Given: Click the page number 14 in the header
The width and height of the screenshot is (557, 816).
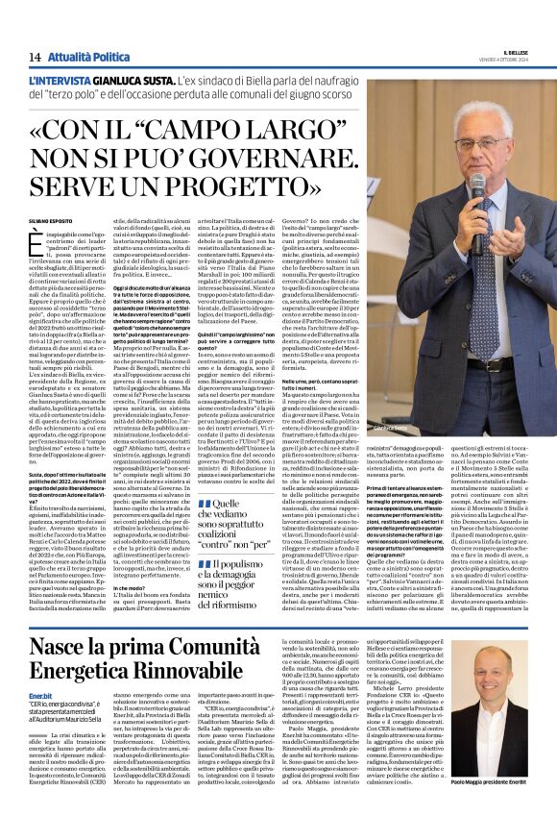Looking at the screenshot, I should click(34, 58).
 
